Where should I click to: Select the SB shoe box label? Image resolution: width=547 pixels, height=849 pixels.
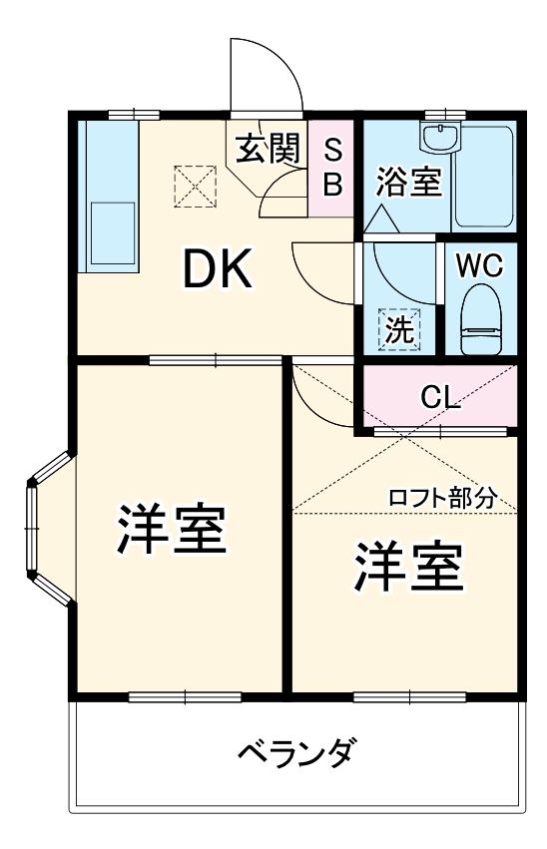tap(333, 168)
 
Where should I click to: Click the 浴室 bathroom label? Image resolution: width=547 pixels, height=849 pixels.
tap(408, 183)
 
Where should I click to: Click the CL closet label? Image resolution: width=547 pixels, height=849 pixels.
tap(439, 397)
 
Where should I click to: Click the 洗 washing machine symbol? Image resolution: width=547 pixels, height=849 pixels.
tap(399, 330)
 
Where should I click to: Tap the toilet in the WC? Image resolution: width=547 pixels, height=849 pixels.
tap(480, 320)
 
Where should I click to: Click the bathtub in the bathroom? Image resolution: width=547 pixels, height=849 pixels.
tap(485, 178)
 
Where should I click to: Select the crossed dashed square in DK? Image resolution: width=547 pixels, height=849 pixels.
tap(195, 185)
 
